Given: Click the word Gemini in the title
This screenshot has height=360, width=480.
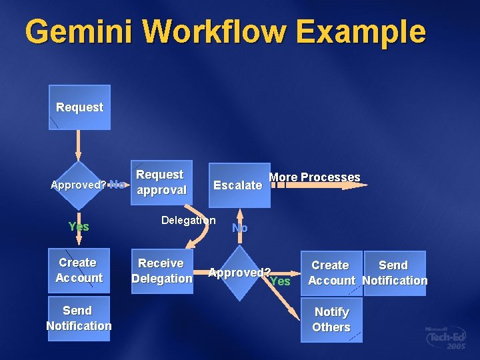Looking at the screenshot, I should click(x=77, y=31).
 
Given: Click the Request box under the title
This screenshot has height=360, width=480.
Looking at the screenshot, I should click(x=79, y=107).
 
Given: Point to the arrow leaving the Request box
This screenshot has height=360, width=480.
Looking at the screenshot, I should click(x=79, y=144).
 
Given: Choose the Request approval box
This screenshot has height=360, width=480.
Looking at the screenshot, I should click(x=161, y=182).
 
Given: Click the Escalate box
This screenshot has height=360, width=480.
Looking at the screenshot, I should click(x=238, y=185).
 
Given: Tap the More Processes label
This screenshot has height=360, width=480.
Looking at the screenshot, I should click(x=314, y=177).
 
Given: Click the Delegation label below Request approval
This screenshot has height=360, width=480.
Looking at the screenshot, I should click(x=189, y=220).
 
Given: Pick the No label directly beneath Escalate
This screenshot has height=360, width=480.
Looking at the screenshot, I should click(x=239, y=228).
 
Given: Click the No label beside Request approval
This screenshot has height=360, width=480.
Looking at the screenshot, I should click(x=117, y=184).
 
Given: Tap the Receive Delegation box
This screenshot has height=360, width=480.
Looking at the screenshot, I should click(x=161, y=271).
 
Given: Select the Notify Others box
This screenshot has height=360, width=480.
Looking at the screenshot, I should click(x=331, y=320).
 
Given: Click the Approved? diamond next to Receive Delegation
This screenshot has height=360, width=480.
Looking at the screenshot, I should click(x=239, y=273).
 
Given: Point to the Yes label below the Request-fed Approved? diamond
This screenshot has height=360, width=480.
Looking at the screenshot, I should click(x=79, y=227).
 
